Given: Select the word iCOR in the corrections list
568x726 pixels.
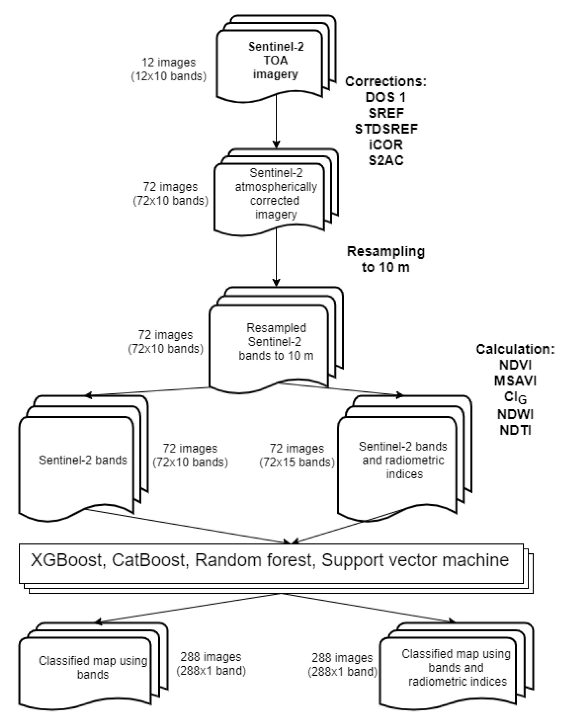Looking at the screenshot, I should pyautogui.click(x=386, y=145).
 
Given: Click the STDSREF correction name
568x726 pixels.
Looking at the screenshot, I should pyautogui.click(x=386, y=129).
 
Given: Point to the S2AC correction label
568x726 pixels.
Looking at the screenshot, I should pyautogui.click(x=386, y=160).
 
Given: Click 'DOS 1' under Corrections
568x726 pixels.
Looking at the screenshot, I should pyautogui.click(x=386, y=97).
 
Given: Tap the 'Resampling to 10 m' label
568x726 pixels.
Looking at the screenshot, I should pyautogui.click(x=386, y=259).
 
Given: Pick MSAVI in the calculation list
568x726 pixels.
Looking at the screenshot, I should pyautogui.click(x=515, y=381).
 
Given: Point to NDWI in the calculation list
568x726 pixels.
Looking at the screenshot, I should pyautogui.click(x=515, y=414).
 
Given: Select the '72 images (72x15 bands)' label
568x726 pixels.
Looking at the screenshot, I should pyautogui.click(x=297, y=455).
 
